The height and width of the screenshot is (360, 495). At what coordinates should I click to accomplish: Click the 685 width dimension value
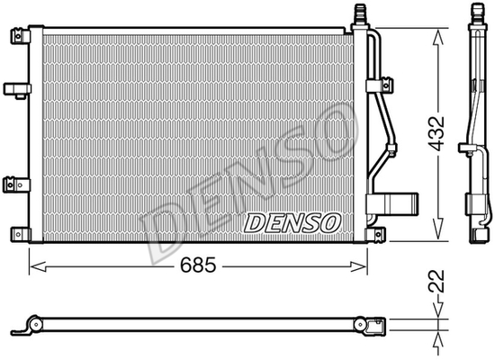(x=198, y=265)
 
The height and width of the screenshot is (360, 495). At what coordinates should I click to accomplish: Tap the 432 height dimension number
(x=436, y=133)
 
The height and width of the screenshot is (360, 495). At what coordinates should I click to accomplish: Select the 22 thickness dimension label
(x=436, y=281)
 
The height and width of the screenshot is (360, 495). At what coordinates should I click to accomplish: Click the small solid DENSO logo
(x=292, y=223)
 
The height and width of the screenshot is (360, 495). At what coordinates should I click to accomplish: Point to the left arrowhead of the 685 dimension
(x=37, y=266)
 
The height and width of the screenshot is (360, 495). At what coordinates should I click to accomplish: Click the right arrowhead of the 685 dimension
(x=359, y=266)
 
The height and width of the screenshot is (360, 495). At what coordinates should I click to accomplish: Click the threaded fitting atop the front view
(x=360, y=15)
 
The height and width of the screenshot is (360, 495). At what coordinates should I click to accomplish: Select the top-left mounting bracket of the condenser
(x=20, y=36)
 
